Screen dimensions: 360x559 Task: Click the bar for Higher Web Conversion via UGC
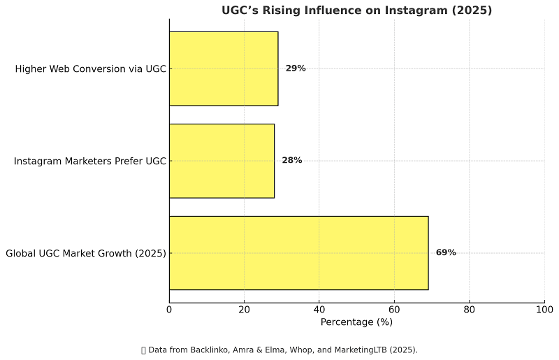pyautogui.click(x=224, y=69)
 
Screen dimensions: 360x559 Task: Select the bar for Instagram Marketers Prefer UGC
pyautogui.click(x=222, y=161)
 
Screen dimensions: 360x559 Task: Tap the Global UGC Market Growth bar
pyautogui.click(x=298, y=252)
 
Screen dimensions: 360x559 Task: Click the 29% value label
pyautogui.click(x=296, y=69)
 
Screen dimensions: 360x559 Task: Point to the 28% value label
pyautogui.click(x=292, y=161)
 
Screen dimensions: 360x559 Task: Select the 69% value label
pyautogui.click(x=446, y=252)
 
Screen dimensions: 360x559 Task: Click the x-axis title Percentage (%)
pyautogui.click(x=356, y=322)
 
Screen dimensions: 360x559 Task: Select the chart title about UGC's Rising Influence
pyautogui.click(x=356, y=10)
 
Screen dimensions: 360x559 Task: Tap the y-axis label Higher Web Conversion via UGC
pyautogui.click(x=90, y=69)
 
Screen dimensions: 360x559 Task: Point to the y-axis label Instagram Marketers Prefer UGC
pyautogui.click(x=90, y=161)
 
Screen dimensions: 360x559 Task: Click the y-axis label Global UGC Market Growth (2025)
pyautogui.click(x=86, y=253)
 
